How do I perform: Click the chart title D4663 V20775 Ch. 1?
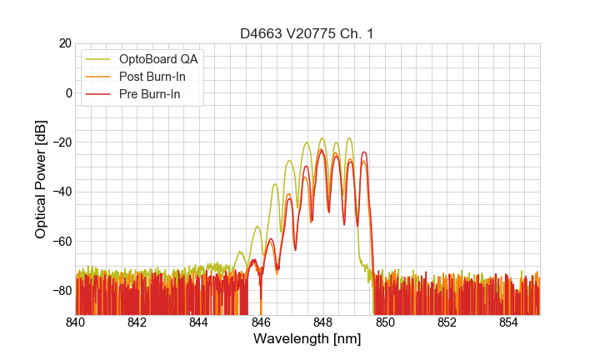(x=307, y=33)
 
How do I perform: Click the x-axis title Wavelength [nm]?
(x=307, y=339)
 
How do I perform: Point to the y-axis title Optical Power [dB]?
(x=41, y=179)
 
